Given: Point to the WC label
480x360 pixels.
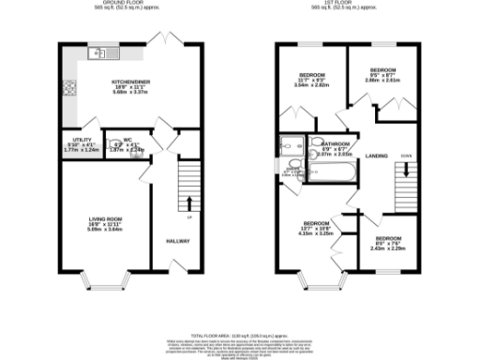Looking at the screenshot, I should tap(127, 142).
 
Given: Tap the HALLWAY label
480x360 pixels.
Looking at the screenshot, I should tap(178, 241).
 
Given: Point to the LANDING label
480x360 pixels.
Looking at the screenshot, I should tap(377, 155).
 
